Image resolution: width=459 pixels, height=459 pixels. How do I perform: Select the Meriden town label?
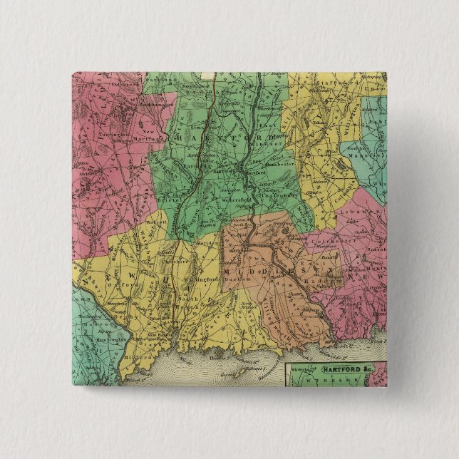206,242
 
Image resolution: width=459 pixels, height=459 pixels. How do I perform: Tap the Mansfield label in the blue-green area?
362,152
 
